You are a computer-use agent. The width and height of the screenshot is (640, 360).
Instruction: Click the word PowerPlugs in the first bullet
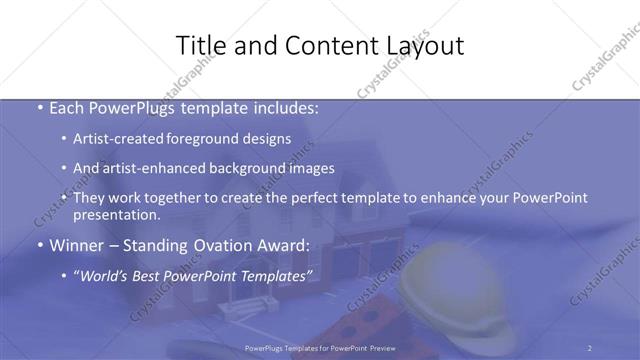pos(140,108)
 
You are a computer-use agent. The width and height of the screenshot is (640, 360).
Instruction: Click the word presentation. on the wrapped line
pos(116,214)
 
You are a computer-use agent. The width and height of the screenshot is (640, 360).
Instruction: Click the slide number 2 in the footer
pos(590,347)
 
